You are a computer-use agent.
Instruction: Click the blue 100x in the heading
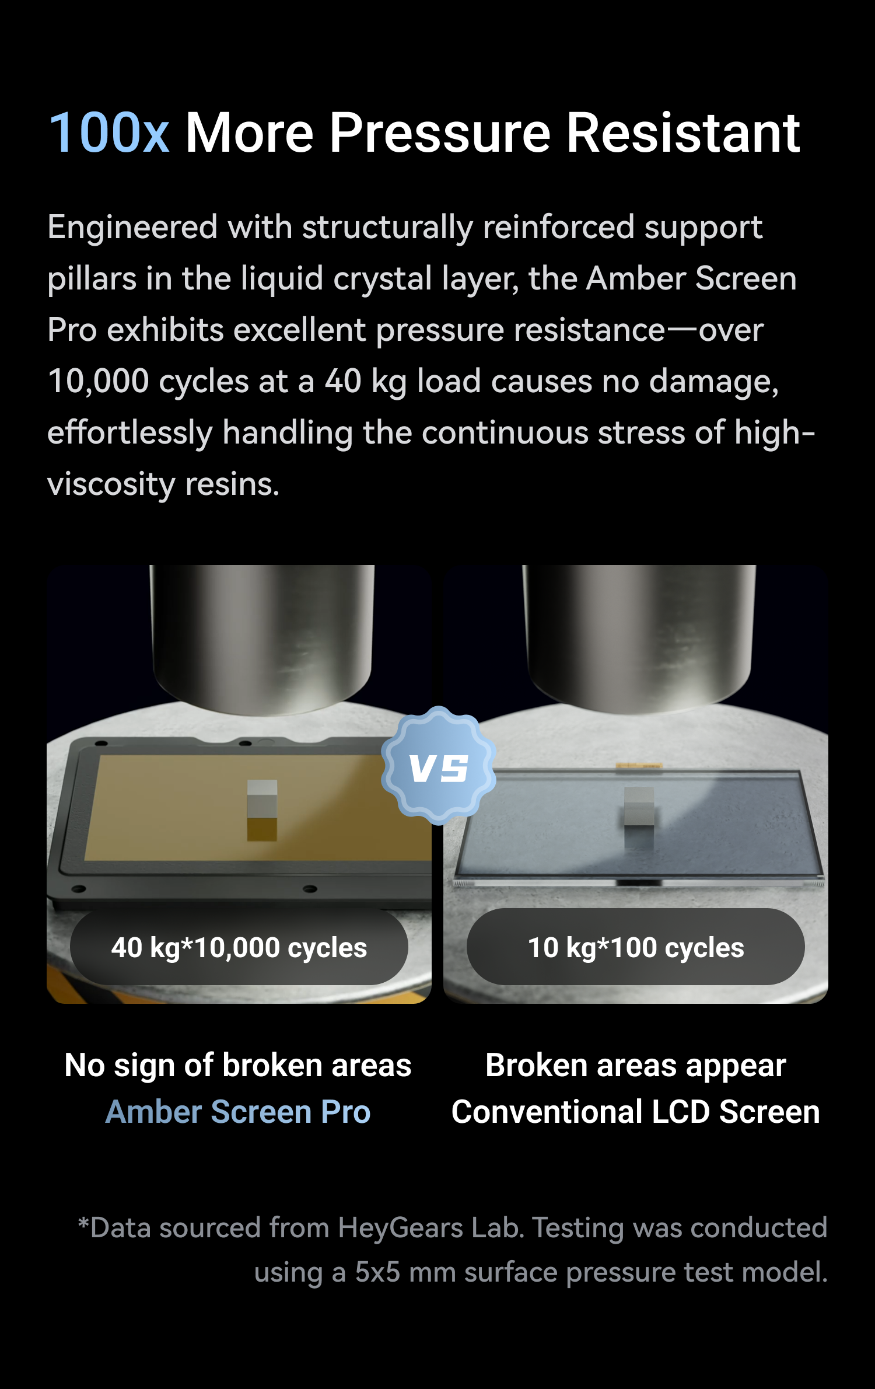tap(109, 133)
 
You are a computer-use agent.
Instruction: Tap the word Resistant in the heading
tap(683, 133)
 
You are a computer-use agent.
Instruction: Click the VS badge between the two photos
tap(439, 767)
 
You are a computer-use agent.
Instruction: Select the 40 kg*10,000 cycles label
tap(239, 947)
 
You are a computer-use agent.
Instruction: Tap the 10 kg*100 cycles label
tap(636, 947)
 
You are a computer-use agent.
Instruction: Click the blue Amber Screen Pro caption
tap(238, 1111)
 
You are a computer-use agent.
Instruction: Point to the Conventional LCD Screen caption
tap(636, 1111)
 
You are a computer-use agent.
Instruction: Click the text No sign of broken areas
tap(238, 1066)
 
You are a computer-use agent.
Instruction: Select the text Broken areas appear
tap(636, 1066)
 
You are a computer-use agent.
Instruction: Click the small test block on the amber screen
tap(262, 811)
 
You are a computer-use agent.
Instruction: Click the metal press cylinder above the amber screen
tap(262, 639)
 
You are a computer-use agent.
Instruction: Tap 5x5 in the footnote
tap(377, 1272)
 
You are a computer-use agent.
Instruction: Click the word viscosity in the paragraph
tap(111, 485)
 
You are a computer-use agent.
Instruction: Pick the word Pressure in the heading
tap(440, 133)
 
